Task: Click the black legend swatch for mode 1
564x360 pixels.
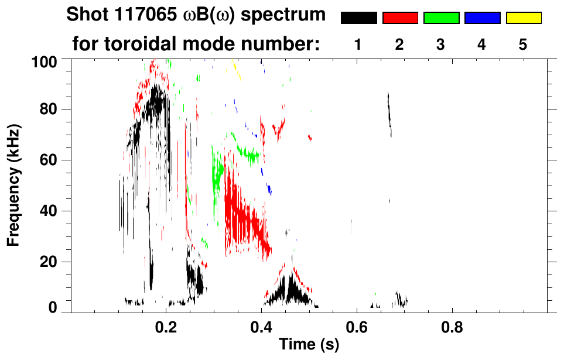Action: point(359,18)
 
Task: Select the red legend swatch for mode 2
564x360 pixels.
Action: point(400,18)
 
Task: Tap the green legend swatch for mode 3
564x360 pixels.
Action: point(441,18)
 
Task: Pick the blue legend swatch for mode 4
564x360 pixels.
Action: point(482,18)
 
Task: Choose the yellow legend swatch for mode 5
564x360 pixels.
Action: point(524,18)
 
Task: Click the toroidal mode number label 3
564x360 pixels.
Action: point(441,44)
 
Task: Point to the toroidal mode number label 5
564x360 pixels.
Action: point(524,44)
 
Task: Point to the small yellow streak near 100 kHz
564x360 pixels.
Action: point(237,73)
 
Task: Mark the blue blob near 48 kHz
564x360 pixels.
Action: point(269,189)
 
